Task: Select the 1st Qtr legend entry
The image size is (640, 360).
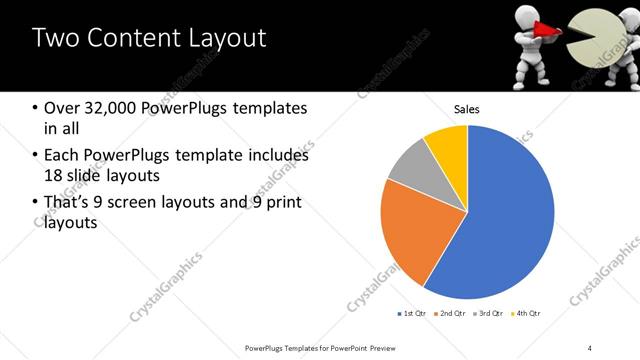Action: coord(412,314)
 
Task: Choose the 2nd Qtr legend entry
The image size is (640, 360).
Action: coord(451,314)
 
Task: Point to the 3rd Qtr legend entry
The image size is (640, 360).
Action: coord(490,314)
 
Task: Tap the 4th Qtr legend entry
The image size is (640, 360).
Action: coord(527,314)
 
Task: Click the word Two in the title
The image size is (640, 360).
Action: coord(59,38)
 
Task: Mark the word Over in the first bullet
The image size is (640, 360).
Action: coord(61,108)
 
